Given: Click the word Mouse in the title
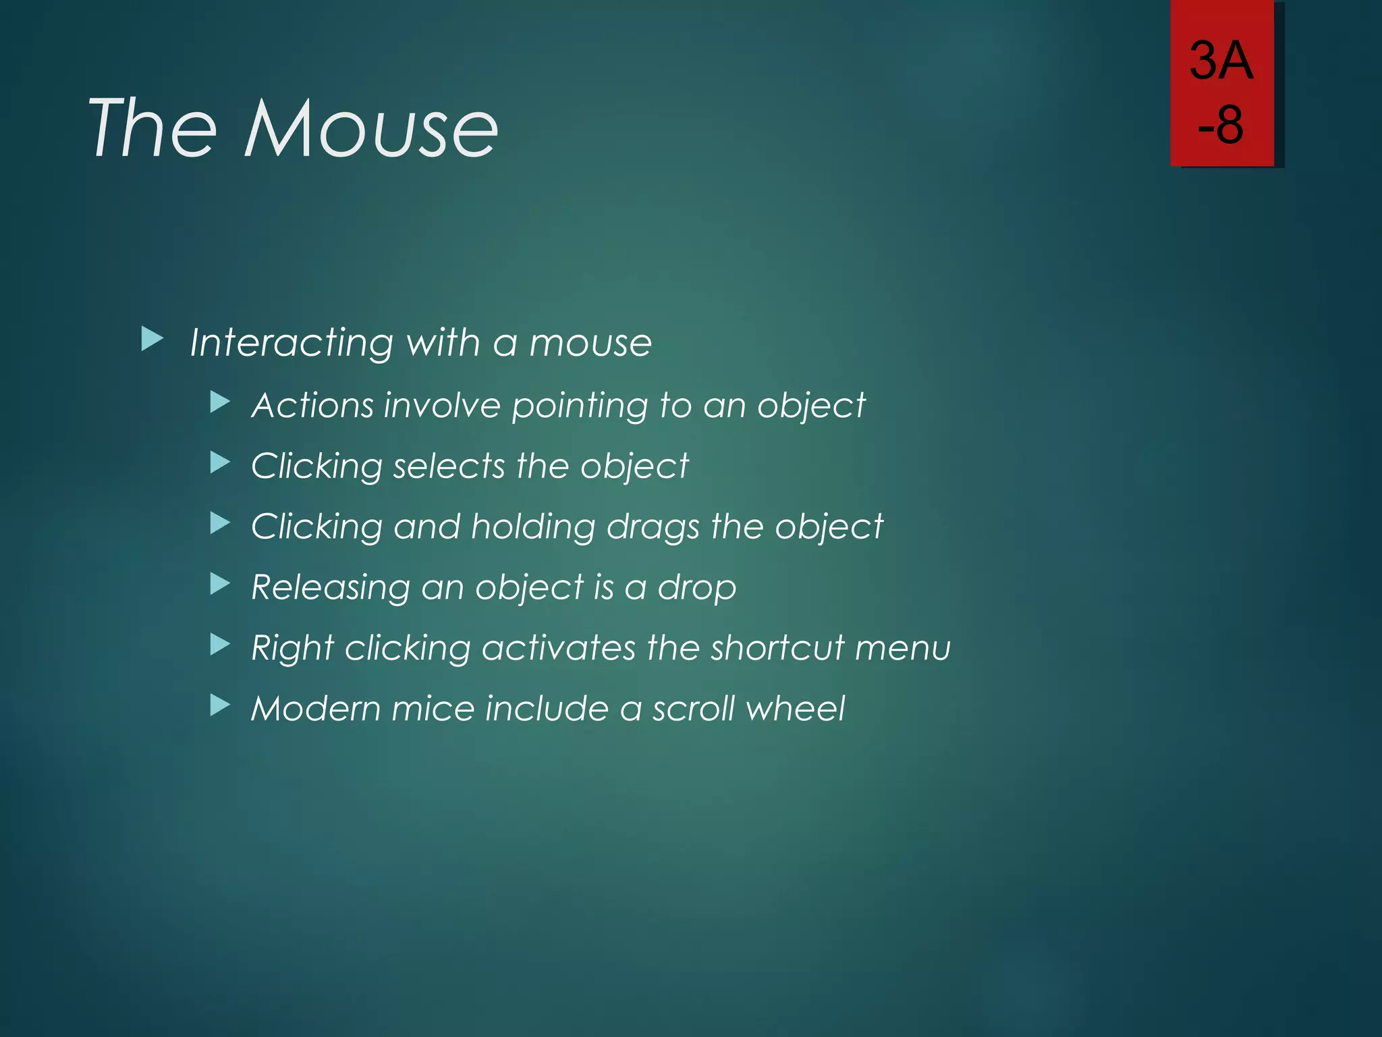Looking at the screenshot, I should coord(371,128).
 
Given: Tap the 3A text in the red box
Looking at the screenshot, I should coord(1221,61).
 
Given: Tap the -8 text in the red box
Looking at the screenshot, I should coord(1221,125).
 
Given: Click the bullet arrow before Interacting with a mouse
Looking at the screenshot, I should coord(153,340).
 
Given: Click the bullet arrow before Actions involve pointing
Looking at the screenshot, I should coord(220,403).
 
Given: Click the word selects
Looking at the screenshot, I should coord(449,466).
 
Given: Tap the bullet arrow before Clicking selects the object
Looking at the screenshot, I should coord(220,463).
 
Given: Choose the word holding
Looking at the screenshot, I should coord(533,527).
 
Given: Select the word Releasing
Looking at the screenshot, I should coord(330,587).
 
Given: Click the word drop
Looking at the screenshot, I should coord(697,587).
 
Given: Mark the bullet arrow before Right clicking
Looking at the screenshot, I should coord(220,645).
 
